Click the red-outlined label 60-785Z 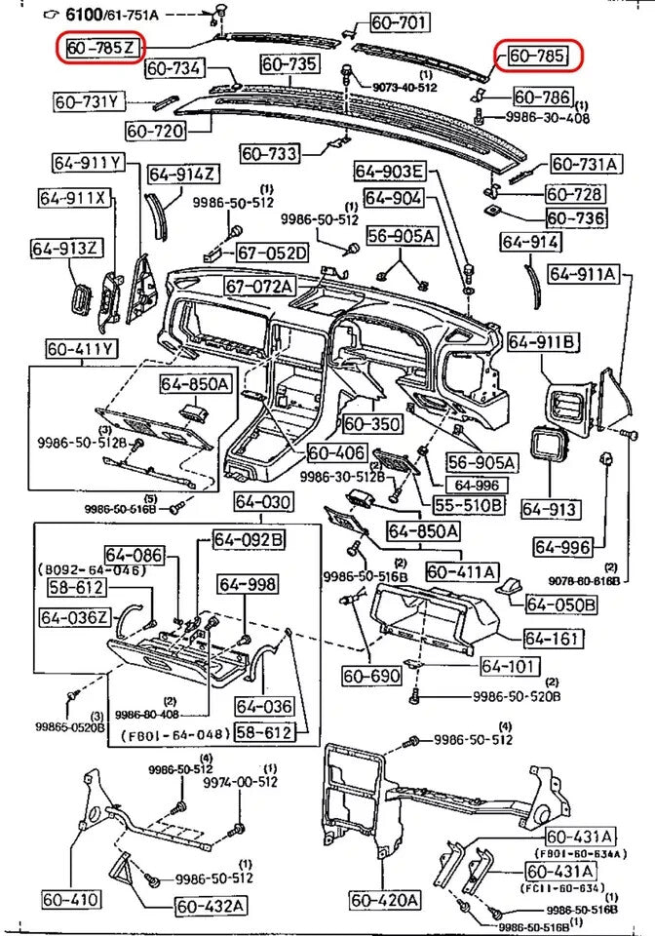(101, 47)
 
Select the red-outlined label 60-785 (536, 57)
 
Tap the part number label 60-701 (398, 22)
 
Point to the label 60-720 (156, 129)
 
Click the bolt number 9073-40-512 (405, 87)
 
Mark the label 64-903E (389, 173)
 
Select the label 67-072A (259, 286)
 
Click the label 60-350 (372, 424)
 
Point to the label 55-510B (469, 504)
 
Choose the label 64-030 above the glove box (262, 502)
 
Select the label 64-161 (553, 640)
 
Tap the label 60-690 (371, 674)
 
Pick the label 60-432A (212, 906)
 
